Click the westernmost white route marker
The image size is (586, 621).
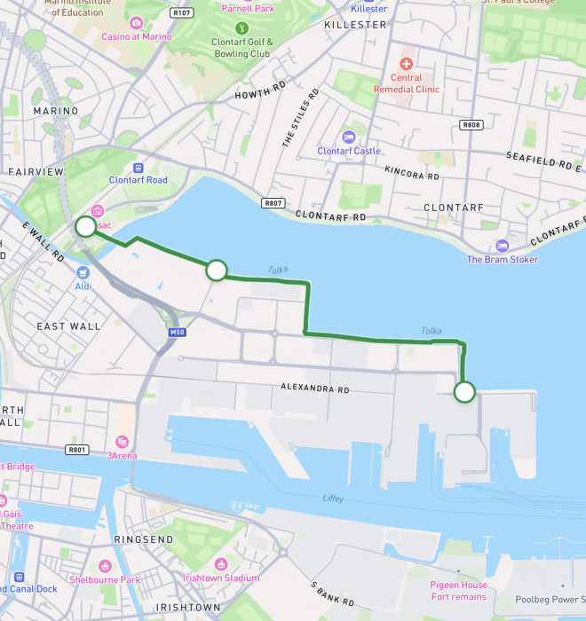click(85, 226)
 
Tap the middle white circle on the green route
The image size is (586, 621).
click(217, 271)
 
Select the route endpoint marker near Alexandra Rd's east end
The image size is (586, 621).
click(463, 391)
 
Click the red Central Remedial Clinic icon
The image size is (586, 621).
click(407, 64)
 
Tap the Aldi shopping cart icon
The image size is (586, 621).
click(83, 272)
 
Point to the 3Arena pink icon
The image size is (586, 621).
click(122, 442)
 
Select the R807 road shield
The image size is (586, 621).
click(273, 203)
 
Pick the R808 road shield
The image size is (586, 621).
click(471, 125)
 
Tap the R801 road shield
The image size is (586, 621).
click(77, 450)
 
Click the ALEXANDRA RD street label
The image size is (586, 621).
click(315, 389)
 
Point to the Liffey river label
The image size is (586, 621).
click(333, 499)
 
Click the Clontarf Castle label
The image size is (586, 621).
click(349, 151)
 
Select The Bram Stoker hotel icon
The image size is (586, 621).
click(503, 246)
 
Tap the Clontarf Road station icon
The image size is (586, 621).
click(138, 167)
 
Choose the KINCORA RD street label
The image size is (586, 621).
click(412, 175)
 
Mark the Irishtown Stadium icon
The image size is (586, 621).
click(221, 564)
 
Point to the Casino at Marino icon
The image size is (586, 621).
click(136, 23)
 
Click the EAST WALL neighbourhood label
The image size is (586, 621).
click(68, 326)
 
